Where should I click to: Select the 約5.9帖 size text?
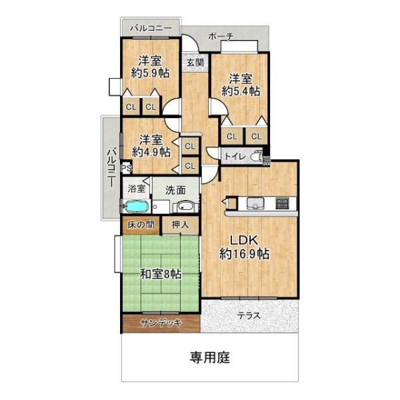click(x=151, y=74)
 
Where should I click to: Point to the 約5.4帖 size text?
click(x=241, y=91)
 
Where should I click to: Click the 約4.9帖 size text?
click(x=151, y=151)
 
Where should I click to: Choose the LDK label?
click(x=245, y=240)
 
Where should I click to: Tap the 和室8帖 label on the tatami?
click(x=160, y=273)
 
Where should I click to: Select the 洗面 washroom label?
click(x=175, y=189)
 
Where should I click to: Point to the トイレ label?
click(x=233, y=157)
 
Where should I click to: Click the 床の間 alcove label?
click(x=141, y=224)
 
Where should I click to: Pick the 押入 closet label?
click(x=180, y=224)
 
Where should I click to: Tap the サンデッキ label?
click(x=160, y=323)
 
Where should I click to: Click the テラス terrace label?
click(x=247, y=315)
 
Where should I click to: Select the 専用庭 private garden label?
click(x=209, y=358)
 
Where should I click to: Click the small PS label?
click(x=125, y=169)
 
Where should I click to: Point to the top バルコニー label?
click(x=151, y=28)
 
